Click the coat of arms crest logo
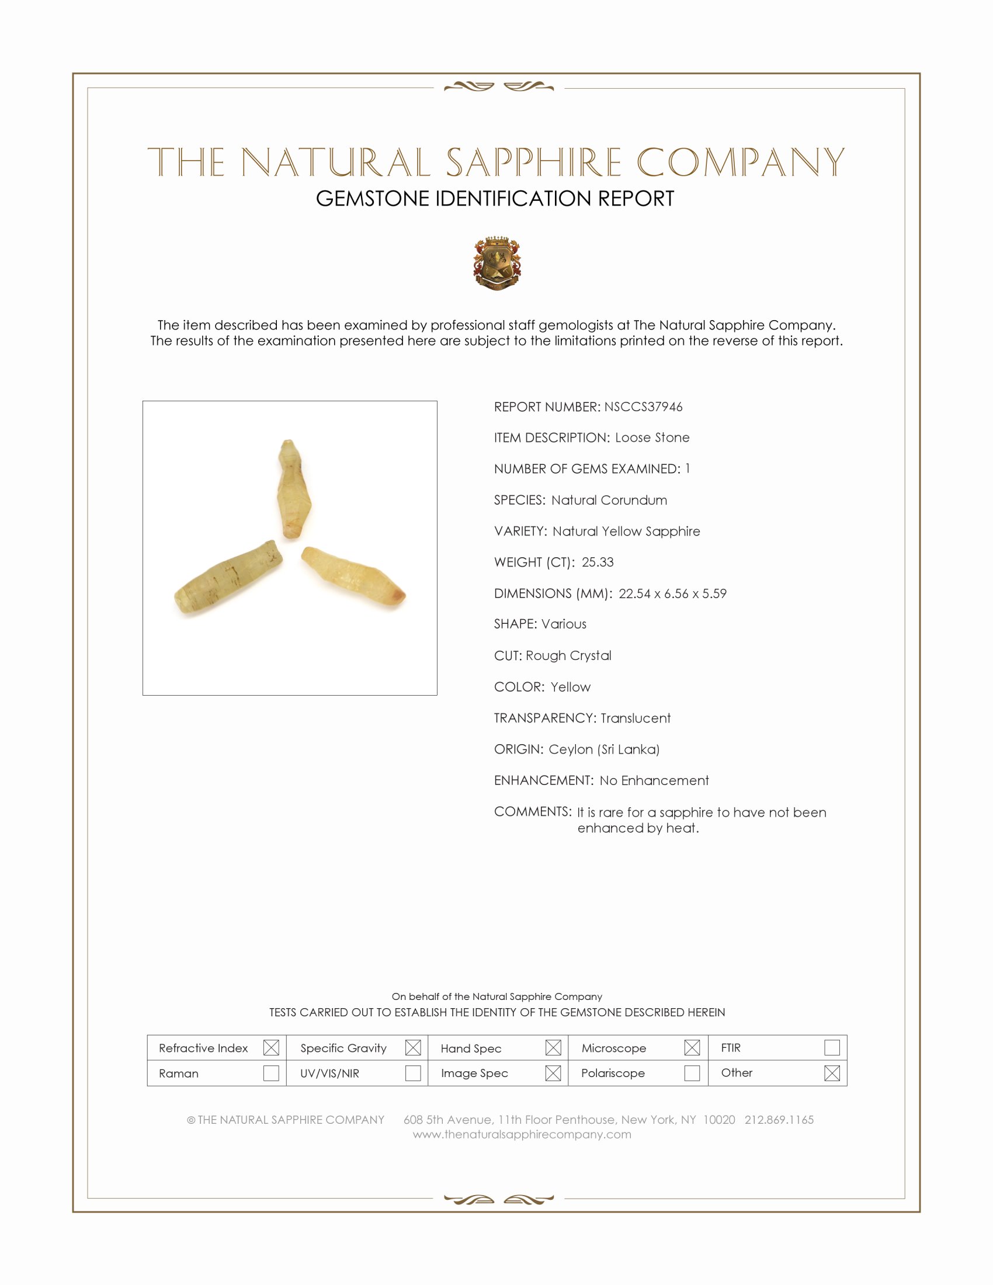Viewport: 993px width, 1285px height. (497, 263)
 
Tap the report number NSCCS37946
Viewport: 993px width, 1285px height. (643, 407)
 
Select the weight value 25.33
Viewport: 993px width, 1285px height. (597, 562)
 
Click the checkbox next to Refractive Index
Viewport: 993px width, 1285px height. (271, 1047)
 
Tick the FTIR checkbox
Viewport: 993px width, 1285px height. (832, 1047)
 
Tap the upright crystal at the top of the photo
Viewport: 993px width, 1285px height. (293, 489)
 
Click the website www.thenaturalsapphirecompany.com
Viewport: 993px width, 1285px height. (522, 1134)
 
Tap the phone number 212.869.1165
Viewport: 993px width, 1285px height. (779, 1120)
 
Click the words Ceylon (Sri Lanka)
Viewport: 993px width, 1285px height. (603, 749)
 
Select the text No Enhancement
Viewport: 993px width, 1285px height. (654, 780)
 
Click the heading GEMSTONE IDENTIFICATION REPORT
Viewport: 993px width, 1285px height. (495, 199)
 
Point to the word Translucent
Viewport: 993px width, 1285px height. (636, 718)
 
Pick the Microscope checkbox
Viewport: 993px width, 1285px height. (692, 1047)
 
